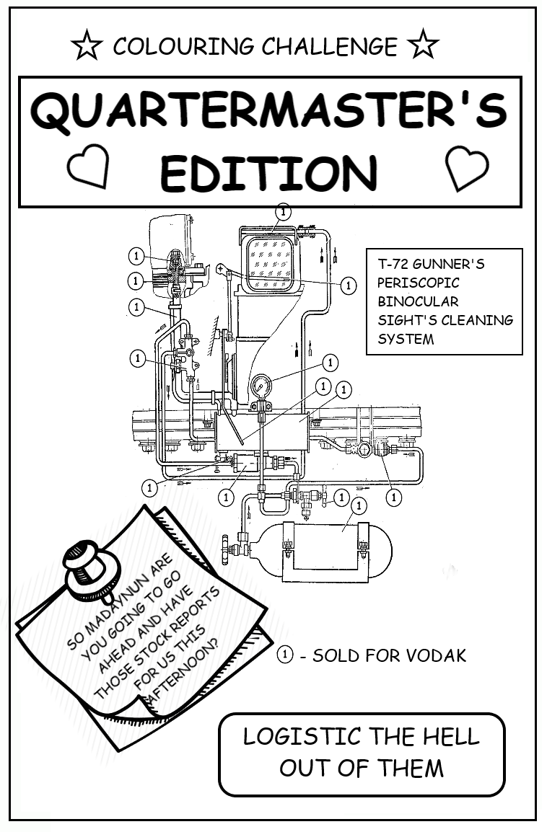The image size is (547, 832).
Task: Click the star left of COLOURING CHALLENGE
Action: (87, 46)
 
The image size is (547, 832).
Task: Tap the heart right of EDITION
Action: (466, 167)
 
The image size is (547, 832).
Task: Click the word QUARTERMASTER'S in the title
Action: (269, 112)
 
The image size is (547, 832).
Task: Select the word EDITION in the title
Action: (268, 173)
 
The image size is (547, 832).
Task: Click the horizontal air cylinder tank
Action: (325, 552)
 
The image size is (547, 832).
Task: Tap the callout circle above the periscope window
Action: (284, 212)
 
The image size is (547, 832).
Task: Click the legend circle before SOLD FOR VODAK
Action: (286, 655)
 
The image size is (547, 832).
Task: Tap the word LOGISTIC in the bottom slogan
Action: (302, 736)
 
